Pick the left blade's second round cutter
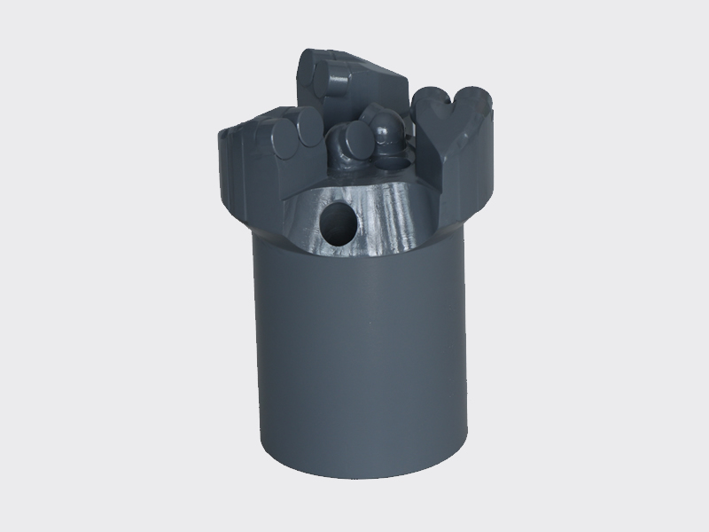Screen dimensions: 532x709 pos(307,135)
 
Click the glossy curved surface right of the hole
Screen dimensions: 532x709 pos(390,217)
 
